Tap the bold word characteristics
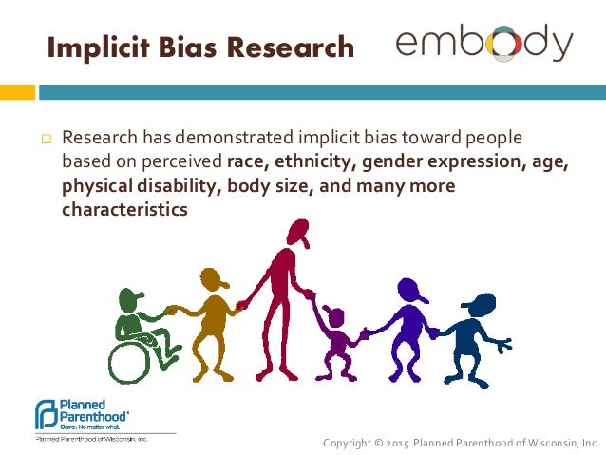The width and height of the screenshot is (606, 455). (x=124, y=207)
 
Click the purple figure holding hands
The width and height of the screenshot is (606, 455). (x=407, y=328)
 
